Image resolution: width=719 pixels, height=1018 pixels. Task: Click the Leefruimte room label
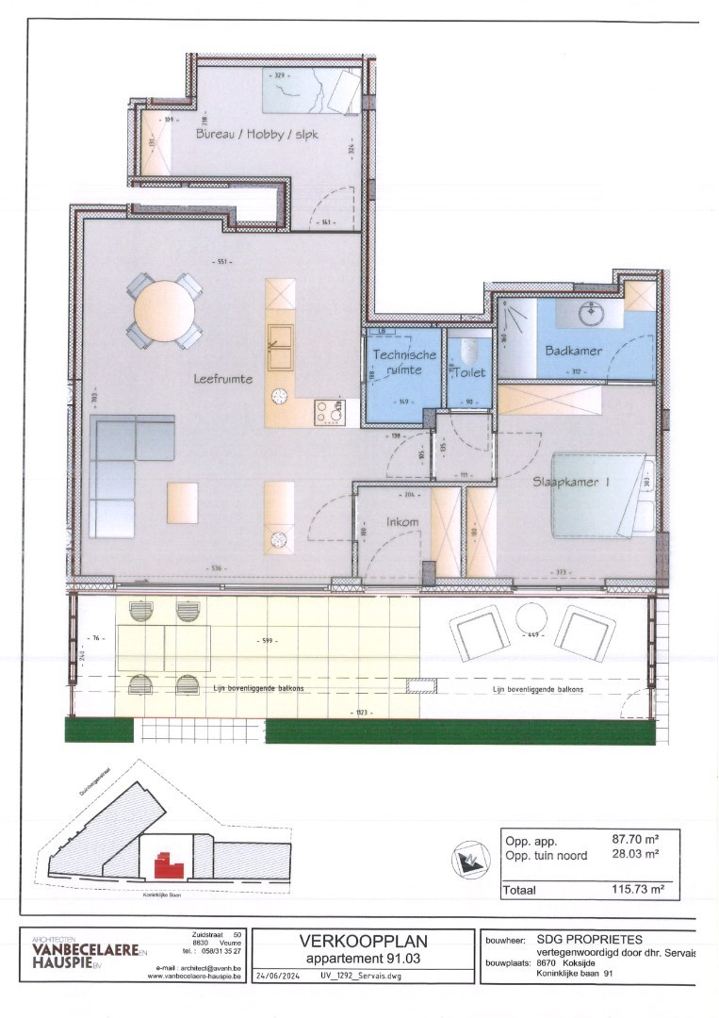pyautogui.click(x=223, y=378)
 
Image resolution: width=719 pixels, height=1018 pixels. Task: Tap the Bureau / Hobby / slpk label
pyautogui.click(x=256, y=135)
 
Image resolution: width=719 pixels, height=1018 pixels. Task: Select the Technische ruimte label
pyautogui.click(x=404, y=362)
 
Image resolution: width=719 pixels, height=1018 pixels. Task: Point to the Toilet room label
pyautogui.click(x=468, y=372)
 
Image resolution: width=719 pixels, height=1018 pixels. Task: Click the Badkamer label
pyautogui.click(x=573, y=351)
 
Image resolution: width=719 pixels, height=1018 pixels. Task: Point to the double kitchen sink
pyautogui.click(x=280, y=347)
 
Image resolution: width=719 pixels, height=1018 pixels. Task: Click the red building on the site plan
pyautogui.click(x=167, y=862)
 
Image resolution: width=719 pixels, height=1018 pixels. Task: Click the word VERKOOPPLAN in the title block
pyautogui.click(x=363, y=940)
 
